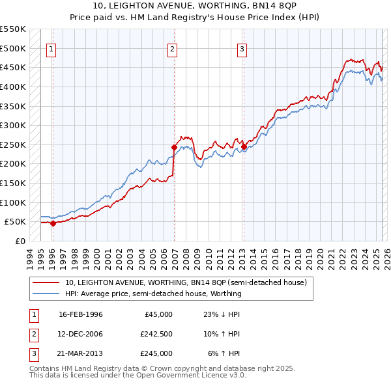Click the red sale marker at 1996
[x=53, y=223]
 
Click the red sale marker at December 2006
[x=174, y=147]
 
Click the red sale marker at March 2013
[x=244, y=146]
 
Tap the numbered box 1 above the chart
[x=51, y=48]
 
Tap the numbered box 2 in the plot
[x=172, y=48]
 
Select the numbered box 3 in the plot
[x=242, y=48]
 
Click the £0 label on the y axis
[x=21, y=241]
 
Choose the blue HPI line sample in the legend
[x=47, y=294]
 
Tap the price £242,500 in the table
[x=156, y=334]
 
